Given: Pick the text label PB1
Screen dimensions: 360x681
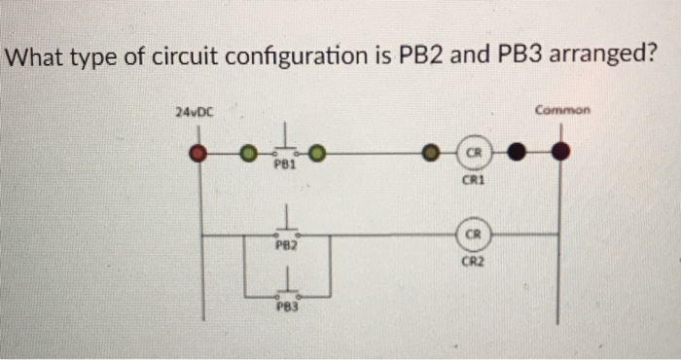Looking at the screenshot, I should click(283, 165).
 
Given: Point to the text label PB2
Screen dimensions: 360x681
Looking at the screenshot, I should click(283, 247).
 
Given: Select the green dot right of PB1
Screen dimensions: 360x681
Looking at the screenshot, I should click(317, 153).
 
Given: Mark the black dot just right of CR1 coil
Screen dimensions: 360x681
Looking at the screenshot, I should click(516, 153).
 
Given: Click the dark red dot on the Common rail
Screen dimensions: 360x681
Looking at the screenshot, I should click(559, 152).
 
